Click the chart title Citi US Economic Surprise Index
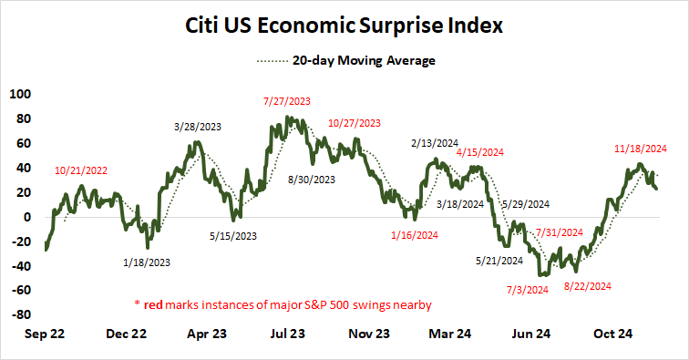344,26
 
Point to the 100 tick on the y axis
19,94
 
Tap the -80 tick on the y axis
19,315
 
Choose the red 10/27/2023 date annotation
354,122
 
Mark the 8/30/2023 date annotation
313,179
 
